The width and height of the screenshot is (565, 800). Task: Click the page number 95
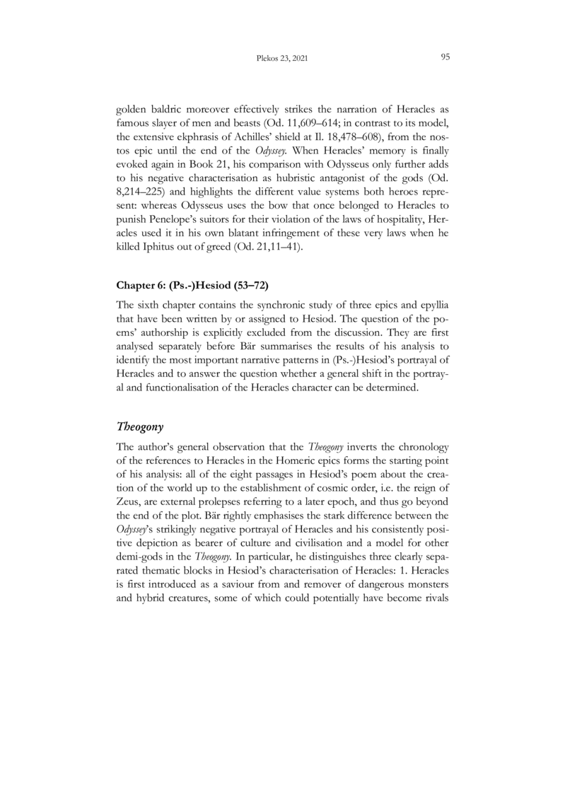point(445,57)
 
